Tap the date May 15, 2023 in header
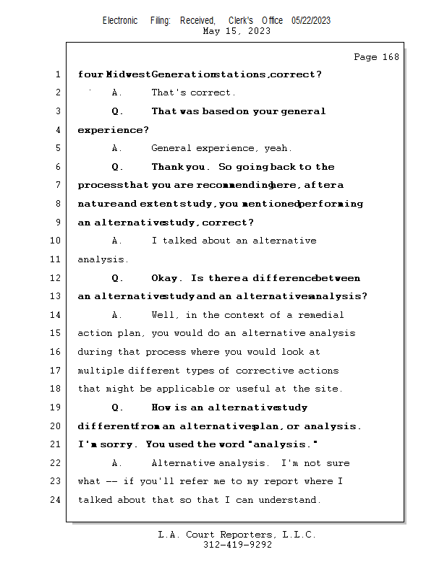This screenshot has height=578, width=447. coord(237,31)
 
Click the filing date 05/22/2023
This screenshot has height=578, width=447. coord(311,20)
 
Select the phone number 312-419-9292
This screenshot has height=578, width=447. coord(237,545)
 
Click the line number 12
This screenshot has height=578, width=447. coord(56,278)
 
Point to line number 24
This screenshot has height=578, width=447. coord(56,500)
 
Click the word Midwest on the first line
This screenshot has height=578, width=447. coord(128,74)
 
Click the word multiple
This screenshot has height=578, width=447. coord(101,371)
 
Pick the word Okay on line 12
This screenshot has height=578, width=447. coord(166,278)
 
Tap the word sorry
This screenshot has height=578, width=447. coord(116,444)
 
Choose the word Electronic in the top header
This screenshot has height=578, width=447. coord(120,20)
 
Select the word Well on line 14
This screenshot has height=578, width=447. coord(163,315)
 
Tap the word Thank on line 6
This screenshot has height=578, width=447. coord(169,167)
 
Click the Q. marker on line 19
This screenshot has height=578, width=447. coord(118,407)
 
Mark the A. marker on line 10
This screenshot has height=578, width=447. coord(117,241)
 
